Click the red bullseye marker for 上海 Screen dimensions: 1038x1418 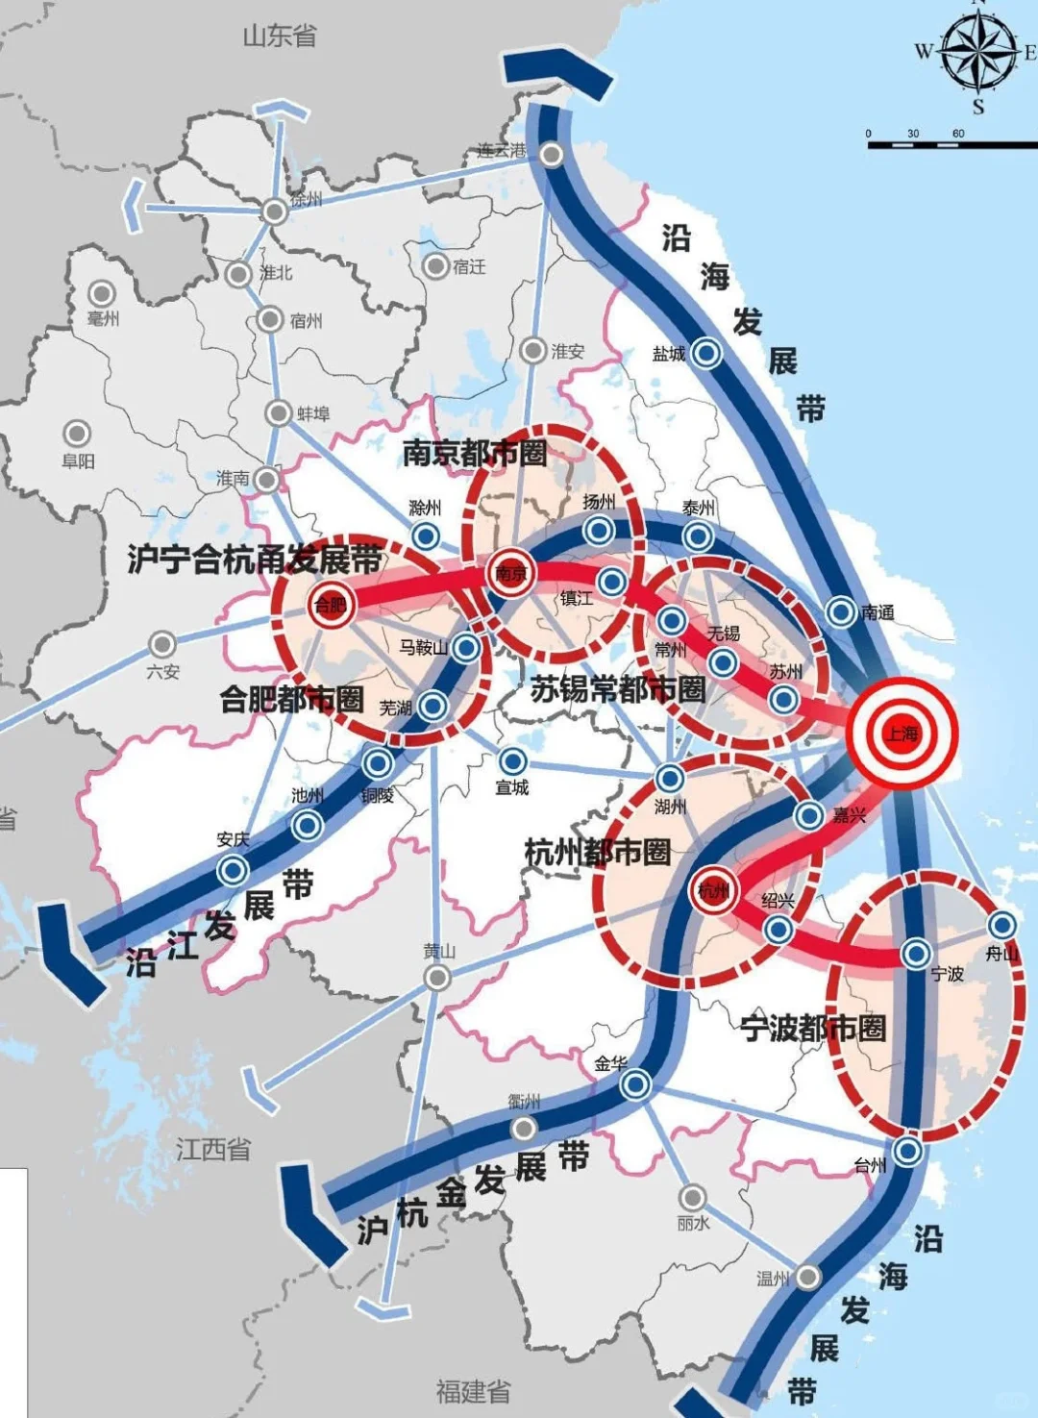(902, 734)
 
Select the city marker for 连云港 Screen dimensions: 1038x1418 (552, 154)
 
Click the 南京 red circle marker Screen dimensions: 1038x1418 (510, 574)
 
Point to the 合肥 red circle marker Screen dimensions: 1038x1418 (331, 605)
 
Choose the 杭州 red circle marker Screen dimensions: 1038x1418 (714, 891)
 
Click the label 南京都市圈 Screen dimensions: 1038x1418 (475, 453)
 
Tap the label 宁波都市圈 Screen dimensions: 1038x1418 (813, 1028)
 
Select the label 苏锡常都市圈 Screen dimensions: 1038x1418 (618, 688)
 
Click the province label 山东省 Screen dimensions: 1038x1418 (280, 37)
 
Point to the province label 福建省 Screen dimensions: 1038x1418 (473, 1390)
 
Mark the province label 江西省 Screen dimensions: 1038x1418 (213, 1149)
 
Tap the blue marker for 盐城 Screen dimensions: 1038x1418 (707, 354)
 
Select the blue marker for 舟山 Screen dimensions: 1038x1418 (1002, 926)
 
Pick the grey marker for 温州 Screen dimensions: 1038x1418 (807, 1277)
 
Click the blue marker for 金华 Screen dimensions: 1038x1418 (635, 1085)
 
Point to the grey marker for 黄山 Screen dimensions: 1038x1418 (438, 978)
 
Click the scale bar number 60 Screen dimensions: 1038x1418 (958, 134)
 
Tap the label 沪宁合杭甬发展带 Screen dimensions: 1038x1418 (256, 560)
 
